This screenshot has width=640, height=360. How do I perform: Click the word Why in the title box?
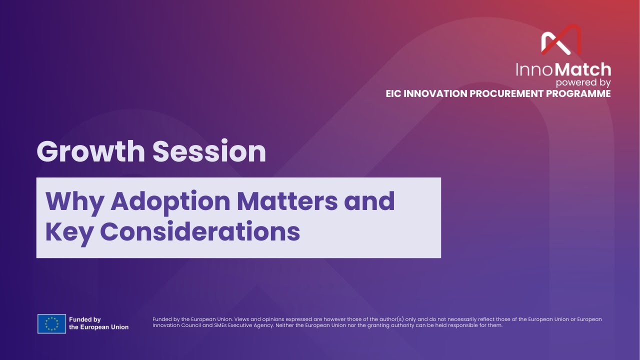74,200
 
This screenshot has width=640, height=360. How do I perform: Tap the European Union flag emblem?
51,323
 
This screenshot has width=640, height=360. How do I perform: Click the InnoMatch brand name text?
563,69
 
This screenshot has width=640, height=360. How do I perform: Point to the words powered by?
583,82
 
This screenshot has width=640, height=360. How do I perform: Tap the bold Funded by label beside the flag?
85,319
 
